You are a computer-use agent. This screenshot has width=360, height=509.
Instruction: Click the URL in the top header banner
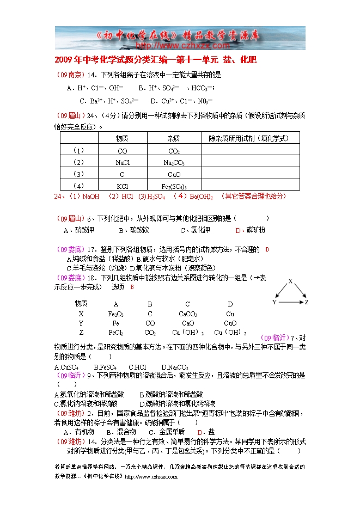pyautogui.click(x=180, y=46)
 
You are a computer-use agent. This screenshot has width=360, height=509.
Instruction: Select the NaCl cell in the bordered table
pyautogui.click(x=123, y=162)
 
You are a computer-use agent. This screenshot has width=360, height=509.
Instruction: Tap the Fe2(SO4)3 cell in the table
pyautogui.click(x=174, y=186)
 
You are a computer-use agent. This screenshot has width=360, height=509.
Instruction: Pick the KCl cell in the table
pyautogui.click(x=123, y=186)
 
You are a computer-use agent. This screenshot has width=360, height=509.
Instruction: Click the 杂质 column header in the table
pyautogui.click(x=174, y=139)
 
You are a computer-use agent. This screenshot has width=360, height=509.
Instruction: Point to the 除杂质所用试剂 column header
pyautogui.click(x=249, y=139)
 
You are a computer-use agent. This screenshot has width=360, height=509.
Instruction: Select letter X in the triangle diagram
pyautogui.click(x=290, y=281)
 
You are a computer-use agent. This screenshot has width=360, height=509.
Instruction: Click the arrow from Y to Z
pyautogui.click(x=290, y=302)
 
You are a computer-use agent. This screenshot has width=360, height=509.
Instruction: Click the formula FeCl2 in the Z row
pyautogui.click(x=115, y=333)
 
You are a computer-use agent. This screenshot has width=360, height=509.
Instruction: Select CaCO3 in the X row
pyautogui.click(x=187, y=314)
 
